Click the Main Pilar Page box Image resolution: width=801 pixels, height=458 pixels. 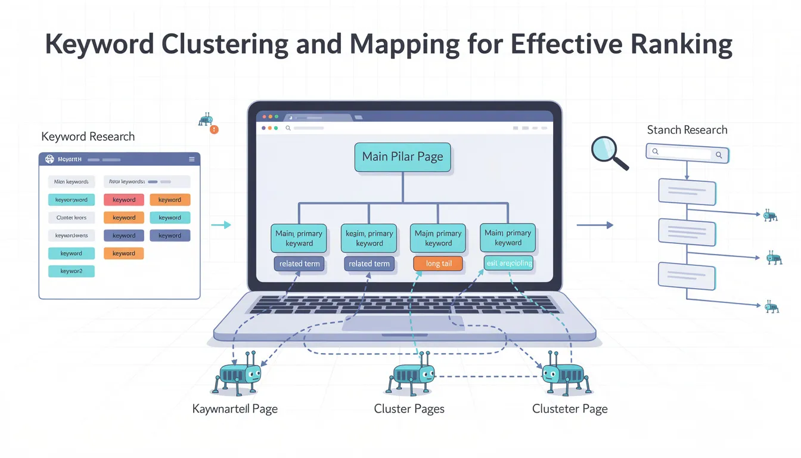pyautogui.click(x=403, y=157)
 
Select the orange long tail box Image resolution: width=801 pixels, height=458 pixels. pyautogui.click(x=438, y=264)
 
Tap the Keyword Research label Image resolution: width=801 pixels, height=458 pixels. pyautogui.click(x=88, y=137)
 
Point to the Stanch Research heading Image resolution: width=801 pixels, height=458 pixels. pyautogui.click(x=687, y=130)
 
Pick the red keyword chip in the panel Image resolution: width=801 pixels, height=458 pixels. pyautogui.click(x=124, y=200)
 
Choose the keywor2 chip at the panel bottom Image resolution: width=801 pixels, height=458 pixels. pyautogui.click(x=71, y=271)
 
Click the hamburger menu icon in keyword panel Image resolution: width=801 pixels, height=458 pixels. pyautogui.click(x=191, y=159)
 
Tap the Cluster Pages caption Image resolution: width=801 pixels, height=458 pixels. pyautogui.click(x=409, y=409)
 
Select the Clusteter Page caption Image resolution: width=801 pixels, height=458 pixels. pyautogui.click(x=569, y=409)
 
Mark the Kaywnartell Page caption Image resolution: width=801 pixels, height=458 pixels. pyautogui.click(x=235, y=409)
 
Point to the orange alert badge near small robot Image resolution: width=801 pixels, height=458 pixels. pyautogui.click(x=215, y=129)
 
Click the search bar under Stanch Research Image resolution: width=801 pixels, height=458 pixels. pyautogui.click(x=687, y=153)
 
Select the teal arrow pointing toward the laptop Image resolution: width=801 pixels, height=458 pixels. pyautogui.click(x=221, y=225)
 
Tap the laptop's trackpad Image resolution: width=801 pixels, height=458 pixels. pyautogui.click(x=403, y=323)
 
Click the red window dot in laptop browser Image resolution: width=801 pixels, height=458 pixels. pyautogui.click(x=262, y=117)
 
